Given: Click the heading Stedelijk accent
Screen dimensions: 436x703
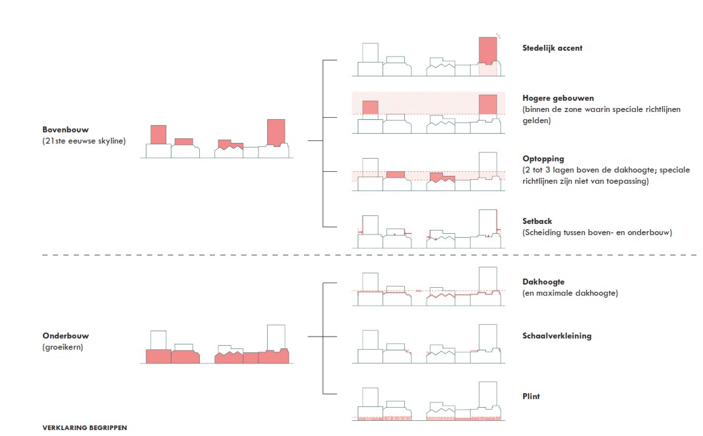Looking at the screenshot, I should click(x=552, y=48).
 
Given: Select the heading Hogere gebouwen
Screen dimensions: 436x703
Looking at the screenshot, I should click(x=558, y=98).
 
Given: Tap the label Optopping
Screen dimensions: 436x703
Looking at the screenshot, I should click(x=543, y=159).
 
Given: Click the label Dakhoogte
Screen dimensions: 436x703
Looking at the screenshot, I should click(x=543, y=282).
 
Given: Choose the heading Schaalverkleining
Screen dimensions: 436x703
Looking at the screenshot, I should click(x=557, y=336).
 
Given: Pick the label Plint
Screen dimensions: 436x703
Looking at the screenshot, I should click(x=531, y=396).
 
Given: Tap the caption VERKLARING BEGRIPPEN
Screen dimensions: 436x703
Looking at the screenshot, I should click(x=84, y=427).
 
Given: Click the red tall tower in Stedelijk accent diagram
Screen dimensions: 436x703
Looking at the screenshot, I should click(x=487, y=49).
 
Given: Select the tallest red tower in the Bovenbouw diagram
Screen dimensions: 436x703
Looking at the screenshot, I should click(x=276, y=132).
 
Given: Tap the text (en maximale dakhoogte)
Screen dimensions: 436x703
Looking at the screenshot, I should click(x=570, y=293).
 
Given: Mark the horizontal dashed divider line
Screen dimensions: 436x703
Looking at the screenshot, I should click(x=369, y=255).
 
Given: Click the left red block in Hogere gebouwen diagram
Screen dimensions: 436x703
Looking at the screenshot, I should click(x=370, y=108).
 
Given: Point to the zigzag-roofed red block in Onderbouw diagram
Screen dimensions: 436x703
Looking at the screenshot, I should click(x=228, y=358).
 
